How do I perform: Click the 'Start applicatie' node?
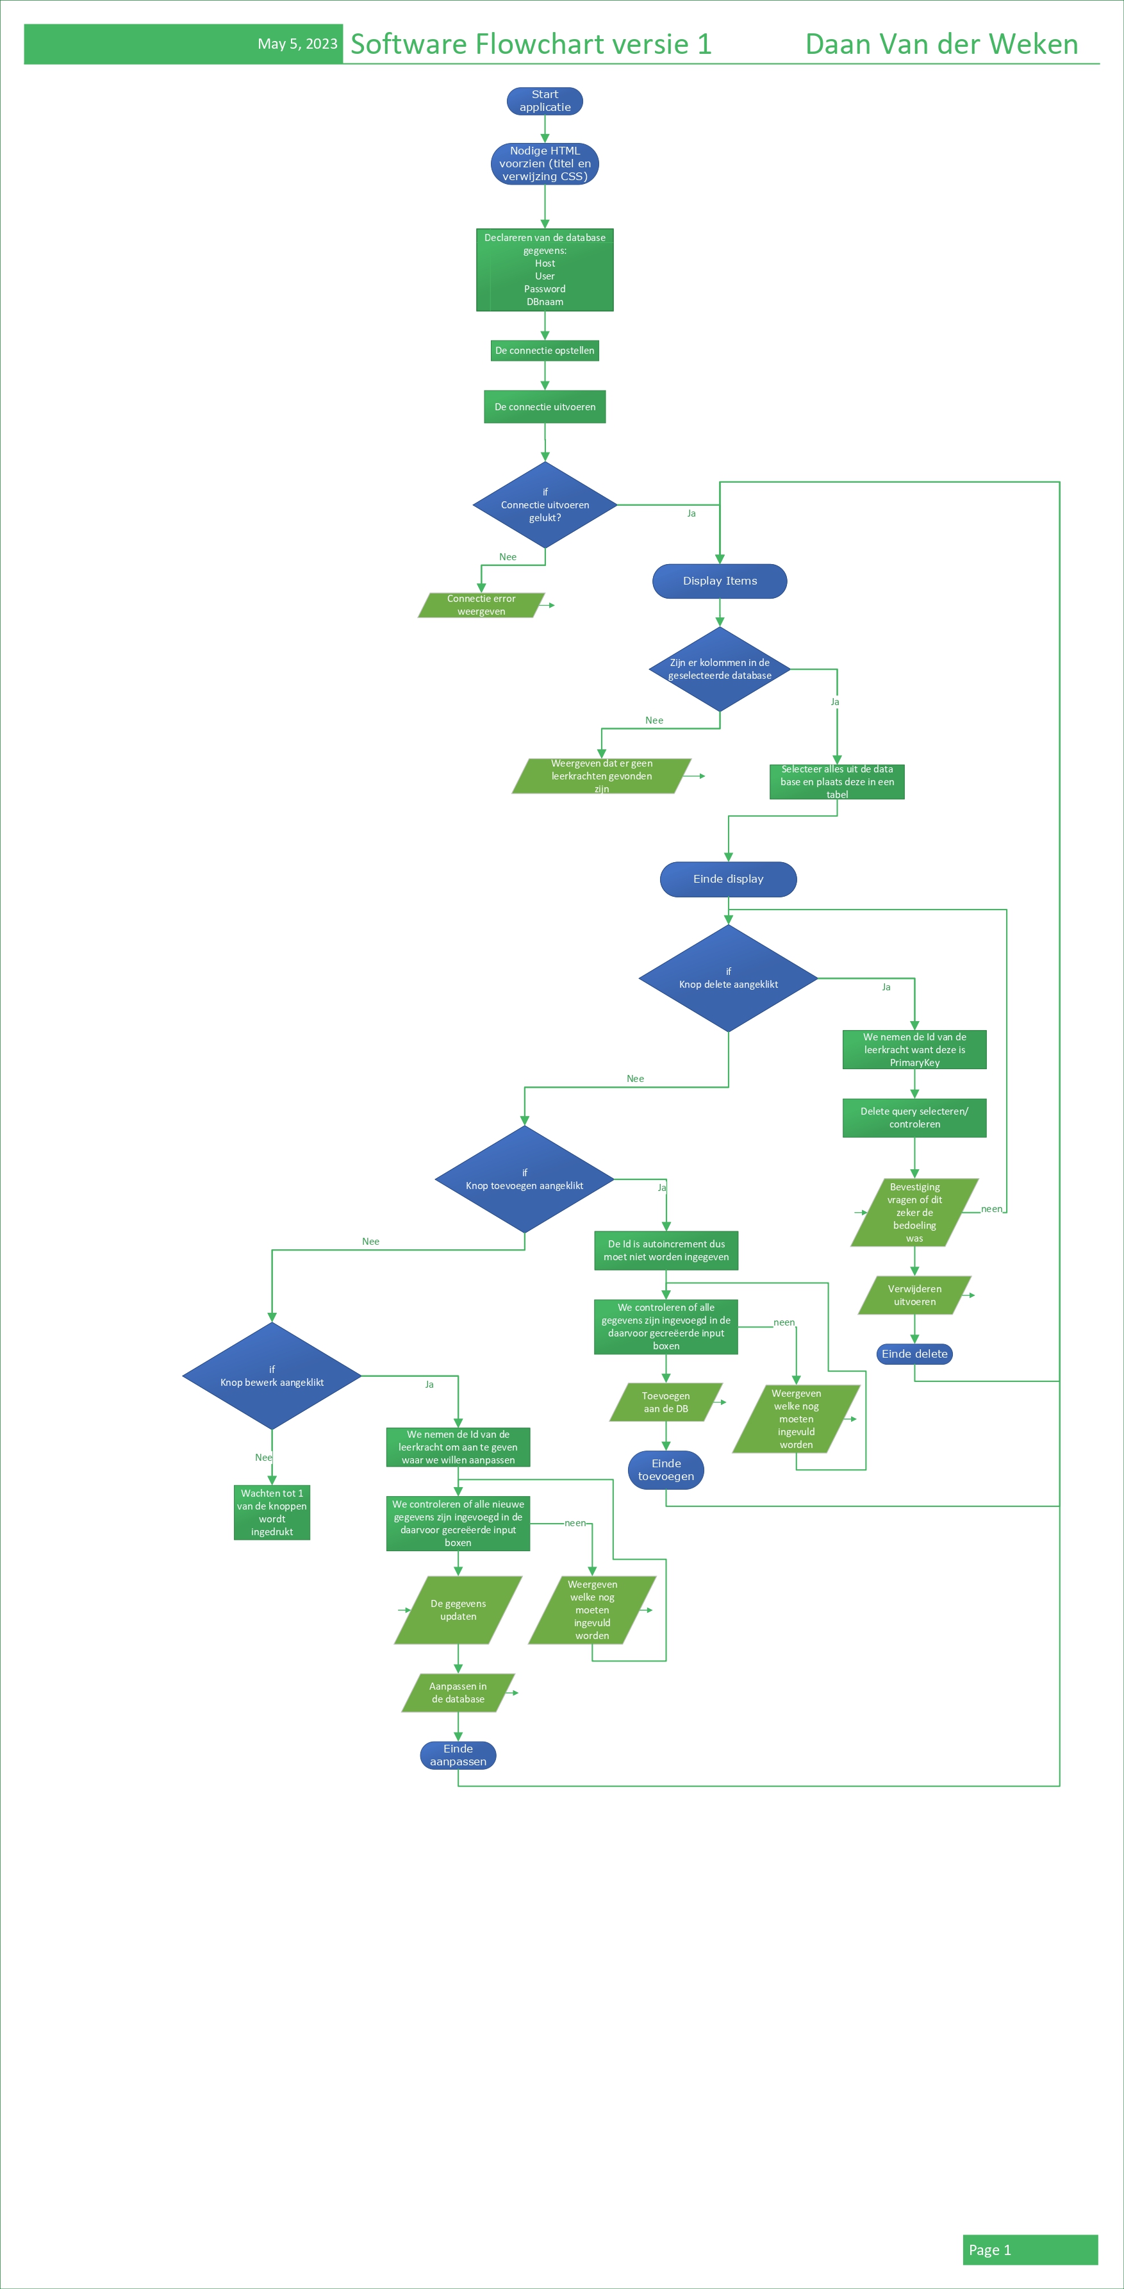(x=545, y=101)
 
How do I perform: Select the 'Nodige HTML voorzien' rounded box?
(x=545, y=163)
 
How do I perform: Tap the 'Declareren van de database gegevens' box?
(x=545, y=270)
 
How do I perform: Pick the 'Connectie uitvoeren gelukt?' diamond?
(x=545, y=504)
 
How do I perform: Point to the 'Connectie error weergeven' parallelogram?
(x=481, y=605)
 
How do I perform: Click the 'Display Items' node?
(x=720, y=581)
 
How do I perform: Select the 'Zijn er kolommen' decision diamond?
(x=720, y=669)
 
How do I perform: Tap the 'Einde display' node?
(x=728, y=879)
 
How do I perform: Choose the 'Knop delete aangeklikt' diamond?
(x=728, y=978)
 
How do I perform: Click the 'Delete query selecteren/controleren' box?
(x=914, y=1118)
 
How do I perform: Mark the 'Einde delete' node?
(x=914, y=1354)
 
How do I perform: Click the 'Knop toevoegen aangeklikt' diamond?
(x=524, y=1179)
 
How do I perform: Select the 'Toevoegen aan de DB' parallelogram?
(x=666, y=1403)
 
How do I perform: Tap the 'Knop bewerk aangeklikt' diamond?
(x=272, y=1376)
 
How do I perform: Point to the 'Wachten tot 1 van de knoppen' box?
(x=272, y=1512)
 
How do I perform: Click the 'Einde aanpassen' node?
(x=458, y=1755)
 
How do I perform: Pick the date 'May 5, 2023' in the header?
(x=297, y=44)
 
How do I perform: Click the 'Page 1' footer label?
(x=990, y=2250)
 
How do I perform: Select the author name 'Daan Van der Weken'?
(x=941, y=44)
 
